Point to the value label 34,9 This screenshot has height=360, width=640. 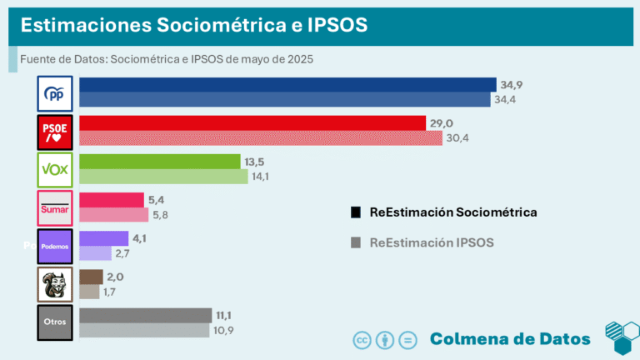511,85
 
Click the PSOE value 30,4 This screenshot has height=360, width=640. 457,138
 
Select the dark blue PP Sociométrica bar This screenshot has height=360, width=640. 287,85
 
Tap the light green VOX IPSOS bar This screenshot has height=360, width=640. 163,177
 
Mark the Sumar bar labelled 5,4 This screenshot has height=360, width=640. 111,200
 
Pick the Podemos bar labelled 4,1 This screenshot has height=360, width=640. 103,238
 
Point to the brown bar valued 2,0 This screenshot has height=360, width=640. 91,277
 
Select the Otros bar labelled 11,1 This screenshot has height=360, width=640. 145,315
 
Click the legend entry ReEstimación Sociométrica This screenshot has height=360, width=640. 452,212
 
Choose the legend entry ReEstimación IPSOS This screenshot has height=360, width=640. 432,242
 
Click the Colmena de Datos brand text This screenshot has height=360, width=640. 510,338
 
